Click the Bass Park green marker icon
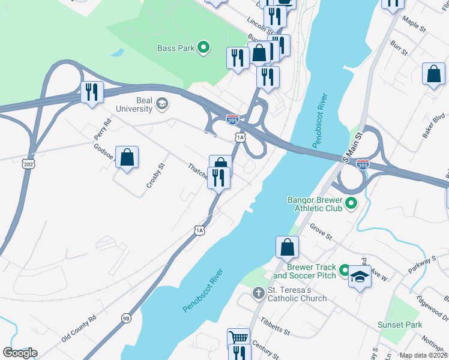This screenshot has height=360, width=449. [203, 47]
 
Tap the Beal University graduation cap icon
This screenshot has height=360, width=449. [161, 105]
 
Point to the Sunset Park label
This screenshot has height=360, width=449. [399, 325]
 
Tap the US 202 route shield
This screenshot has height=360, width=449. [28, 163]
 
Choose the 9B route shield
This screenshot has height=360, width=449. [125, 318]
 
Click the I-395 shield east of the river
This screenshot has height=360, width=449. [363, 163]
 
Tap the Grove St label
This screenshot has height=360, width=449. [321, 231]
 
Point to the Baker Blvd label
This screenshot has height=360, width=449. [432, 125]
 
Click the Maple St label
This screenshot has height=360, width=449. [414, 27]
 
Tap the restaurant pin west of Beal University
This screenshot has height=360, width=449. [92, 92]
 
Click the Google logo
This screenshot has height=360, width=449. [20, 353]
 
